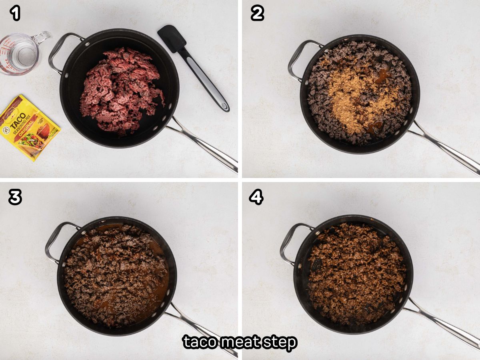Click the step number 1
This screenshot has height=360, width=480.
[15, 14]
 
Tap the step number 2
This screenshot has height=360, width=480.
[257, 14]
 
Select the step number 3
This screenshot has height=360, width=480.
[15, 197]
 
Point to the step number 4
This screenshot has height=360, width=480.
[256, 197]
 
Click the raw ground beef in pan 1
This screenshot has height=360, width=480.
[120, 90]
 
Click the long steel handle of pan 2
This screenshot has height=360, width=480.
[444, 148]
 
